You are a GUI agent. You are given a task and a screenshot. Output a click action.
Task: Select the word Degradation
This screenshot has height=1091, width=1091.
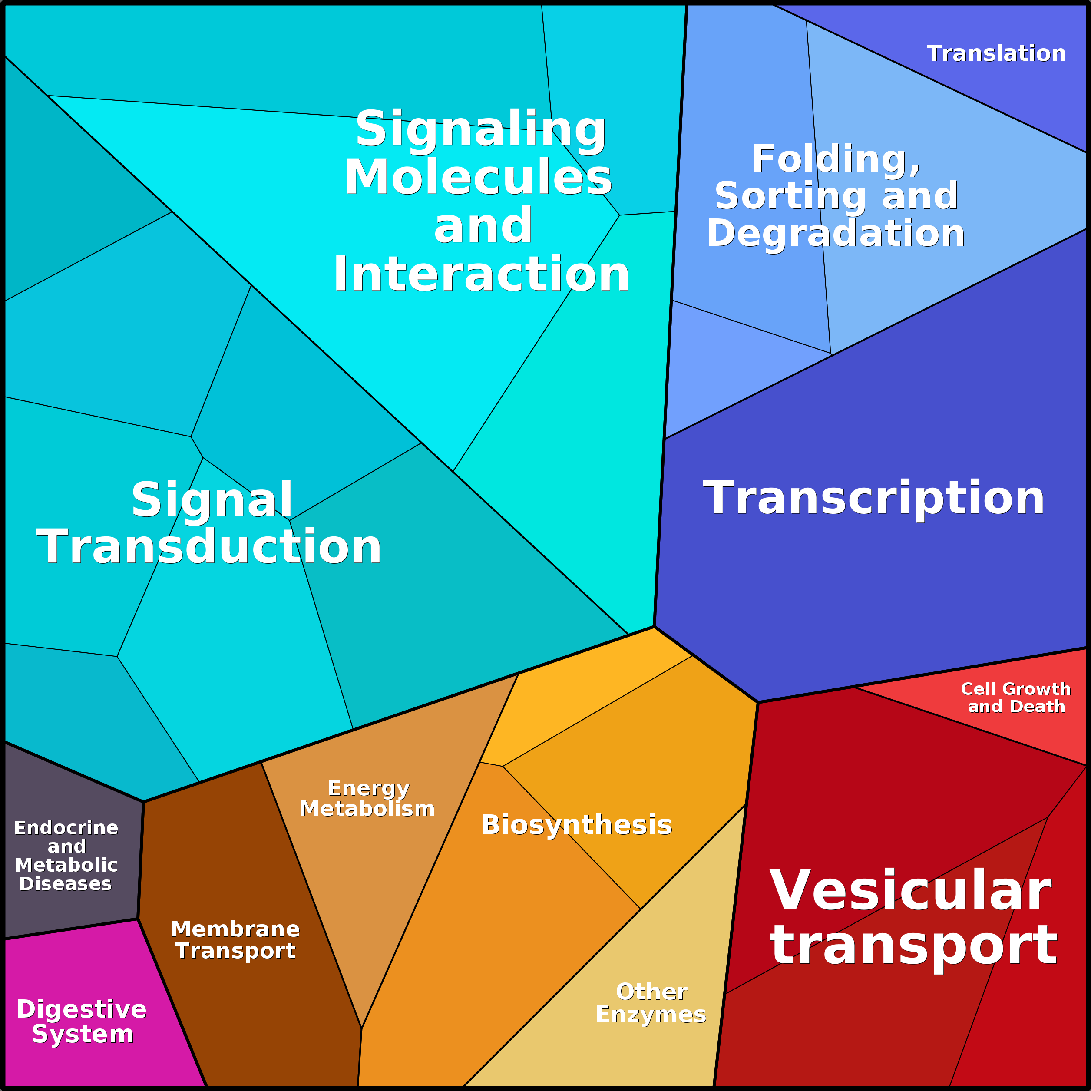pos(836,233)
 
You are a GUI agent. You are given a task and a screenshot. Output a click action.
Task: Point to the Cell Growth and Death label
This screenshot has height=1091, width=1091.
pos(1016,698)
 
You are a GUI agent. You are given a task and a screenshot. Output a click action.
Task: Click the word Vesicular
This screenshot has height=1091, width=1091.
pos(910,890)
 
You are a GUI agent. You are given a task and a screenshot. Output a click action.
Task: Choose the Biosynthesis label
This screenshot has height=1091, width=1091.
pos(577,825)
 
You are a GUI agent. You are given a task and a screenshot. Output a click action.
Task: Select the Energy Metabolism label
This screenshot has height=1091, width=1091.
pos(367,798)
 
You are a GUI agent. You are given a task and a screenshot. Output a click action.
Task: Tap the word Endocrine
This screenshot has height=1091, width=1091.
pos(66,828)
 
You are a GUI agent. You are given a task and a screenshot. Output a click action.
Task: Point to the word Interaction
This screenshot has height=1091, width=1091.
pos(481,274)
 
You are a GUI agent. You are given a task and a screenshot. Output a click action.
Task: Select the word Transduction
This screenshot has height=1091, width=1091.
pos(209,547)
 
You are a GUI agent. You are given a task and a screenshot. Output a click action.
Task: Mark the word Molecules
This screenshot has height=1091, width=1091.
pos(478,177)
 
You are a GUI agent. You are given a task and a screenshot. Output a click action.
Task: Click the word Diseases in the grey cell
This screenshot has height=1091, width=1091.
pos(66,884)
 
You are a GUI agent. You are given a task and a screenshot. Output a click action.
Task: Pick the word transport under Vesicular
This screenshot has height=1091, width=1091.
pos(913,947)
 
